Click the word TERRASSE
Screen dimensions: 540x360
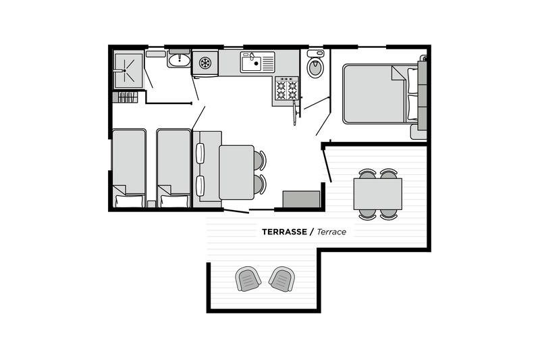[284, 232]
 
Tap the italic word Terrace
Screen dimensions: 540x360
[331, 232]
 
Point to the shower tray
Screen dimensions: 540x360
[128, 70]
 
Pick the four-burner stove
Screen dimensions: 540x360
[286, 88]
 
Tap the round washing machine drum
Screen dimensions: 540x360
[205, 63]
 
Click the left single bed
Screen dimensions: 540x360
[129, 168]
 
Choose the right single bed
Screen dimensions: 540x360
[173, 168]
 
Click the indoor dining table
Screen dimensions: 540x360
[237, 172]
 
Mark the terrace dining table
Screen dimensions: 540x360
[378, 194]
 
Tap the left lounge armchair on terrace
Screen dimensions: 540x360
[248, 279]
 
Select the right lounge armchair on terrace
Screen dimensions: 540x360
[281, 279]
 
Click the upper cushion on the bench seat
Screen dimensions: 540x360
[200, 153]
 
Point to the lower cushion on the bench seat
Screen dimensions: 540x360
[200, 186]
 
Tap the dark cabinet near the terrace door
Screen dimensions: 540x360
[301, 199]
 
